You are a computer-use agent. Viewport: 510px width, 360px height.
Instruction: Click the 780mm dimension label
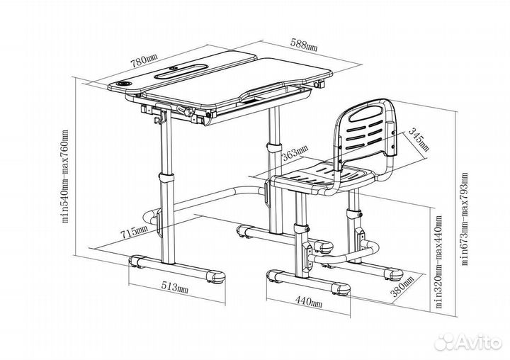point(144,60)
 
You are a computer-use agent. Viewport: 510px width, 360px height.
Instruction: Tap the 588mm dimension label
point(304,44)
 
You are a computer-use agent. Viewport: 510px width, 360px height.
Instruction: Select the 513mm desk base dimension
point(175,287)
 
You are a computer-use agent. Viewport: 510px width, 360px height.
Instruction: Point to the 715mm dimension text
point(134,232)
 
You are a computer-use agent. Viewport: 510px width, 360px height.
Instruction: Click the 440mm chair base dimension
point(309,301)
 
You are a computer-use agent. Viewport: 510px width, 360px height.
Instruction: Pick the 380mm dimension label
point(402,286)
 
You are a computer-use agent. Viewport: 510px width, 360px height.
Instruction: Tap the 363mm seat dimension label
point(295,152)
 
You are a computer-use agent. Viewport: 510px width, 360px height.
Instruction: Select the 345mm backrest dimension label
point(419,140)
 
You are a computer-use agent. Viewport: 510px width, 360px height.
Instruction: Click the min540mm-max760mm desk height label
point(65,176)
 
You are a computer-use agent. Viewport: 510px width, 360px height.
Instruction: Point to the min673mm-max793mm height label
point(465,219)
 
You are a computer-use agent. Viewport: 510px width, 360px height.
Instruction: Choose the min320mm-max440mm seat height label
point(438,261)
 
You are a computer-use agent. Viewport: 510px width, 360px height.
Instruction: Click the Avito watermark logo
point(469,342)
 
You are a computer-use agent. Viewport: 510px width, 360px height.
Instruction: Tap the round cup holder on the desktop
point(125,84)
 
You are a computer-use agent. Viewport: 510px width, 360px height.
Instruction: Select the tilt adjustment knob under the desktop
point(188,111)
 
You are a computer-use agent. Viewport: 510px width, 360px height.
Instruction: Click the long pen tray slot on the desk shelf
point(181,72)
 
